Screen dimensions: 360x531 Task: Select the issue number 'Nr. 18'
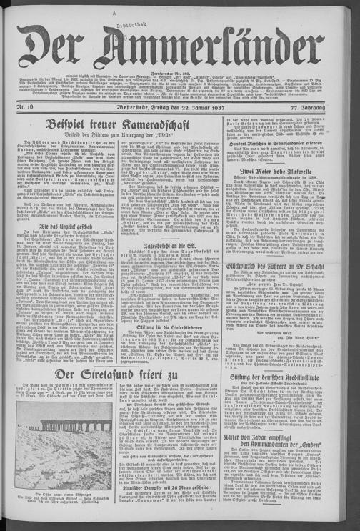pyautogui.click(x=26, y=107)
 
